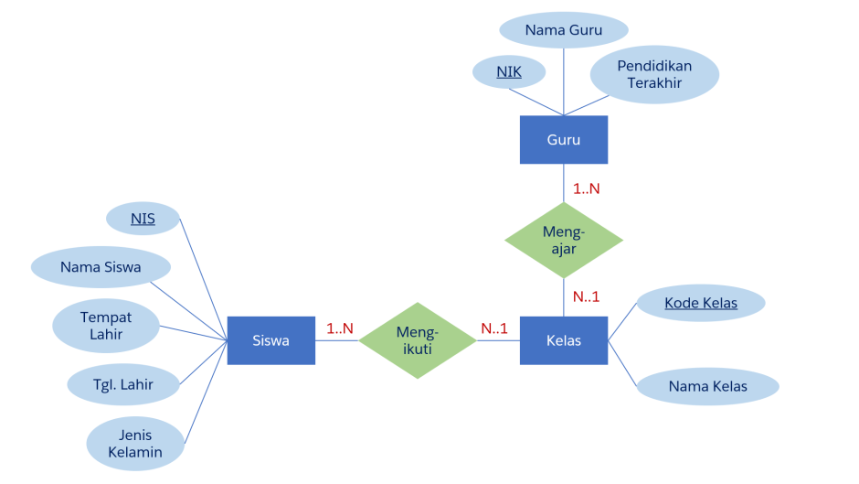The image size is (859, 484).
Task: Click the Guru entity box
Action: click(x=564, y=140)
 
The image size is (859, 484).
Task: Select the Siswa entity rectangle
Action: click(x=271, y=340)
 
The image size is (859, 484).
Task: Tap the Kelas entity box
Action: click(x=564, y=340)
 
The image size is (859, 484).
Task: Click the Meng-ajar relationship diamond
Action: click(x=564, y=241)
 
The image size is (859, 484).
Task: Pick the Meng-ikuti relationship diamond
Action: click(x=418, y=340)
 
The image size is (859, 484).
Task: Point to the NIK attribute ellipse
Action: click(x=509, y=71)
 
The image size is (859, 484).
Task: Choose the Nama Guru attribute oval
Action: click(x=564, y=30)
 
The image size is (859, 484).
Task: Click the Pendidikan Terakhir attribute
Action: click(x=654, y=74)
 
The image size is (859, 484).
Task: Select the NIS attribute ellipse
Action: click(x=143, y=219)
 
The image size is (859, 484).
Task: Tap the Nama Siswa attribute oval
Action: click(x=101, y=268)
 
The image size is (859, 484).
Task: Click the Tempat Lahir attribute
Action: click(x=106, y=326)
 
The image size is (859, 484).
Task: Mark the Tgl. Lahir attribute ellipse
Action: click(x=123, y=384)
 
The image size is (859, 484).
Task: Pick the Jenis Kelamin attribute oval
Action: click(x=135, y=444)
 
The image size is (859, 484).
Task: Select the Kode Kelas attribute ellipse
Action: click(x=701, y=303)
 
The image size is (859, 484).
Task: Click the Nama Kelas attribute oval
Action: click(x=707, y=386)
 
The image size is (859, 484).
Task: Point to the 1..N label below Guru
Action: click(x=586, y=189)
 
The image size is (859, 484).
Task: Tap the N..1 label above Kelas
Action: click(x=586, y=296)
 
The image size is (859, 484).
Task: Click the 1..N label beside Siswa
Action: click(x=340, y=328)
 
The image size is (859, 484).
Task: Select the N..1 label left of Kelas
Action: click(x=494, y=328)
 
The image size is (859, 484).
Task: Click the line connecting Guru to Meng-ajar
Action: click(x=564, y=183)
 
